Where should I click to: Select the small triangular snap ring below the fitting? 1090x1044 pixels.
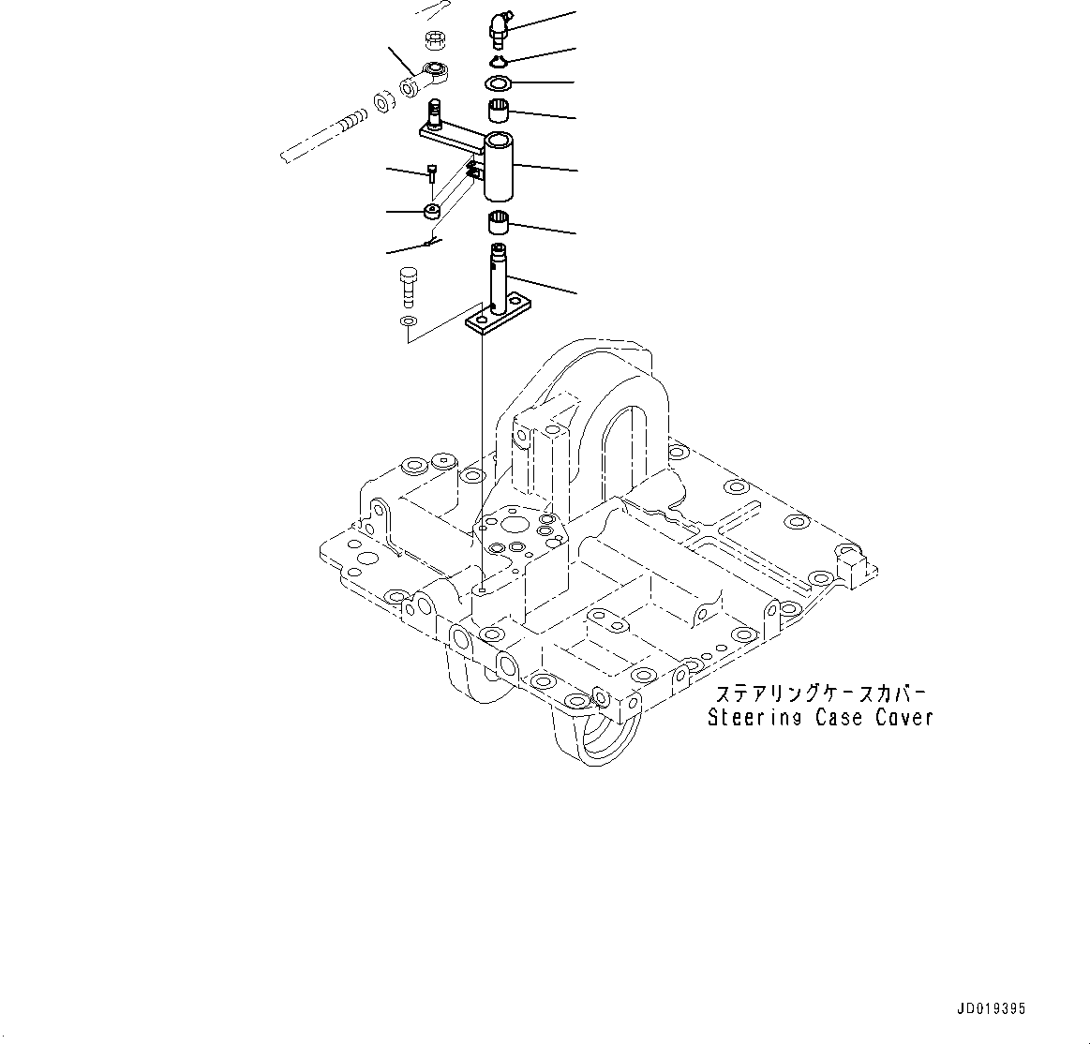point(498,63)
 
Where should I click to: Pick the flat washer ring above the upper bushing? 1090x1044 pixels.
point(498,84)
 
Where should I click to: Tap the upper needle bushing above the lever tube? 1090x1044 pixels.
point(499,112)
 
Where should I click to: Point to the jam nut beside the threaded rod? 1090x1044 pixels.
point(384,100)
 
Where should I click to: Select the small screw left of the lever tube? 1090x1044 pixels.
point(431,174)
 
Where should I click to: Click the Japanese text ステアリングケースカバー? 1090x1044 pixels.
point(820,694)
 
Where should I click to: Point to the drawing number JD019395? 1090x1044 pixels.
point(992,1009)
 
